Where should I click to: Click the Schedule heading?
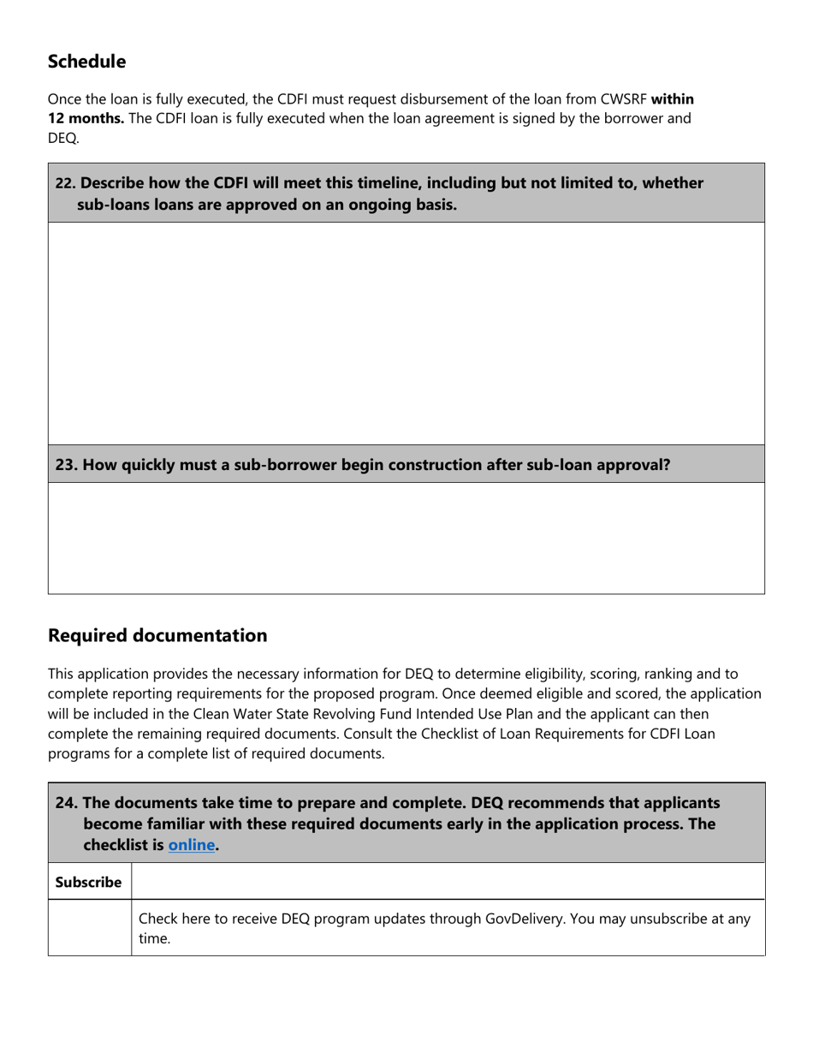coord(86,62)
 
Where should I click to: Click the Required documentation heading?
coord(157,635)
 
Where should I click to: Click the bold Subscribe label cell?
coord(89,882)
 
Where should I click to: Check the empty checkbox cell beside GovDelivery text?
coord(89,927)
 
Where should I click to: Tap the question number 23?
coord(67,465)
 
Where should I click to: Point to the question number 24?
coord(67,803)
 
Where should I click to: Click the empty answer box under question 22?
coord(406,333)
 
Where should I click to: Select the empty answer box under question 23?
coord(406,538)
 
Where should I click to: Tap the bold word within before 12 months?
coord(672,99)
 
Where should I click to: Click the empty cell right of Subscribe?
coord(448,882)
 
